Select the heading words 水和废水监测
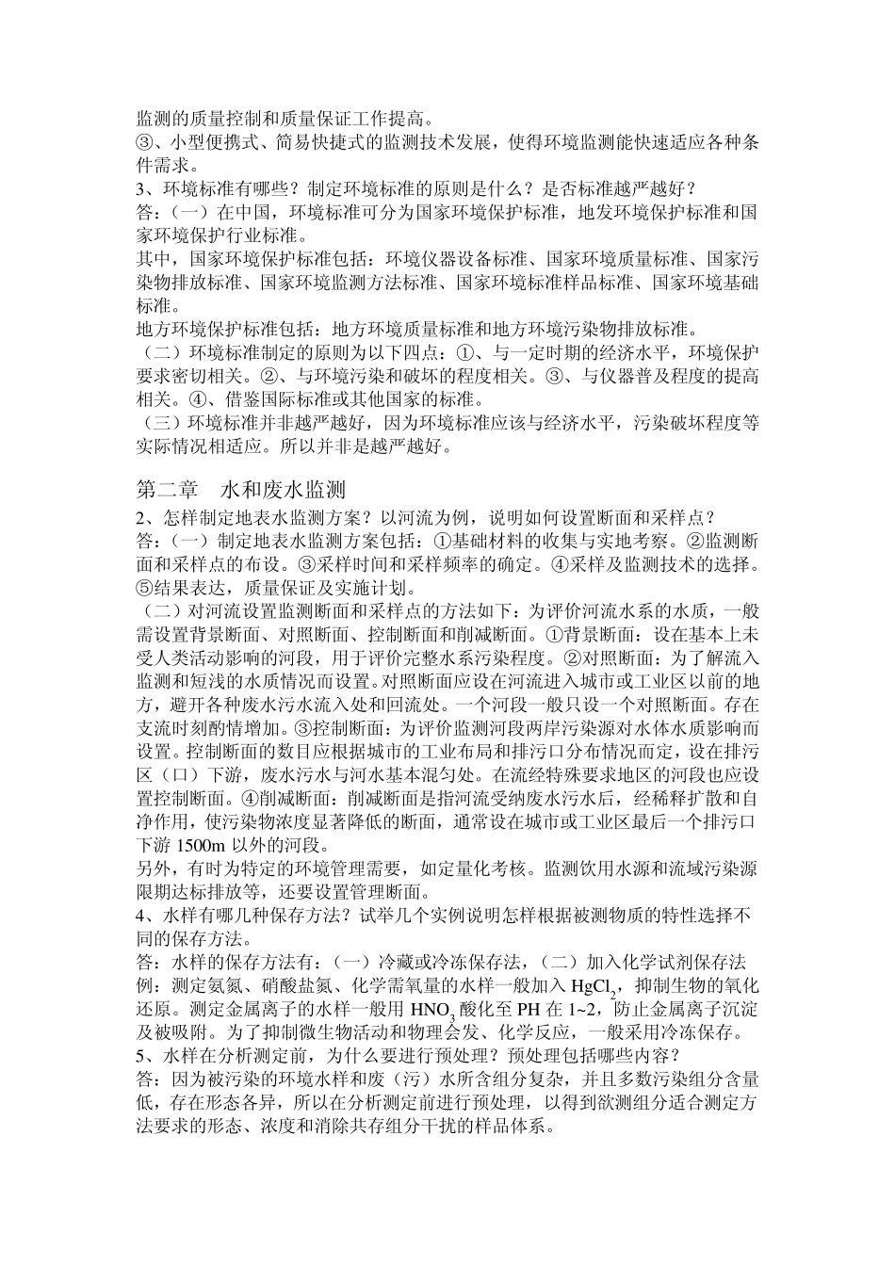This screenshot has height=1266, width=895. pos(284,491)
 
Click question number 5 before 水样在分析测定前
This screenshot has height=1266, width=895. pos(141,1056)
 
